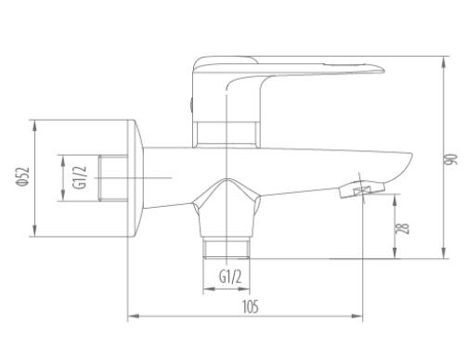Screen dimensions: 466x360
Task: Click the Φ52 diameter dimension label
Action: (23, 176)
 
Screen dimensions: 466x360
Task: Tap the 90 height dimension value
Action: (451, 159)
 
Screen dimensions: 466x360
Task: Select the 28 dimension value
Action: (403, 228)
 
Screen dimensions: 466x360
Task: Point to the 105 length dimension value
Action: (250, 307)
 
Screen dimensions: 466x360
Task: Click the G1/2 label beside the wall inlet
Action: (80, 177)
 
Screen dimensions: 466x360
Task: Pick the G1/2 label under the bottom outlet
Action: (230, 276)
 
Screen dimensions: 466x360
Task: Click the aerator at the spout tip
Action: (362, 189)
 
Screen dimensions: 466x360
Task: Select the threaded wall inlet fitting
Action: (113, 178)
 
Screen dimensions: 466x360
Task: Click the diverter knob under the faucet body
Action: (227, 208)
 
